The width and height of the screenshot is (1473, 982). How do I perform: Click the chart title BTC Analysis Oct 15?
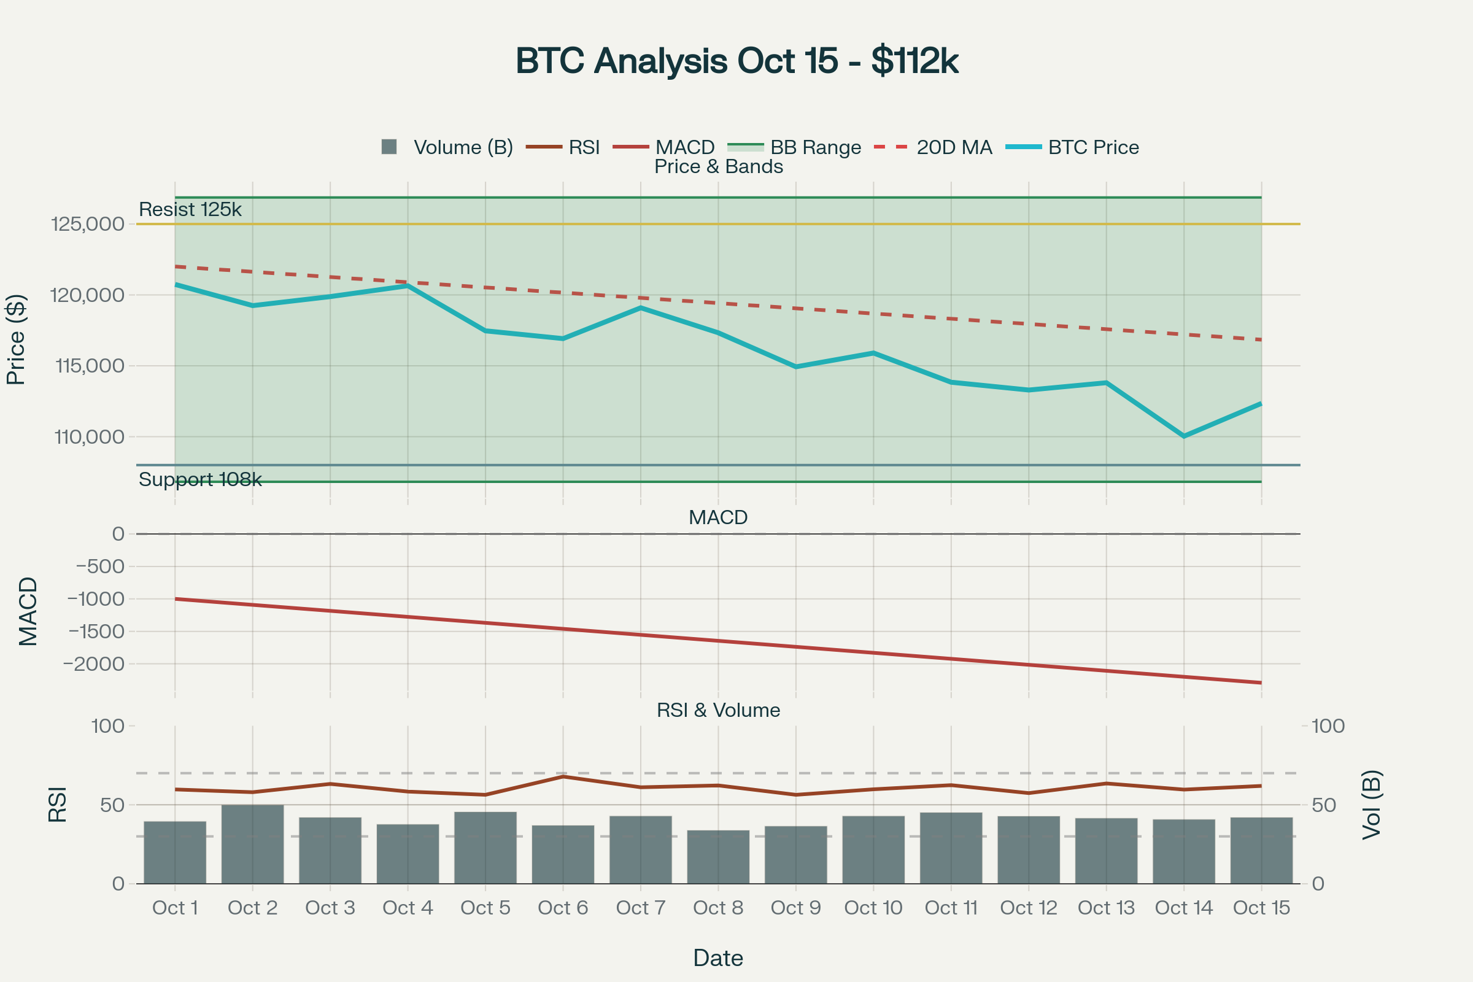point(736,61)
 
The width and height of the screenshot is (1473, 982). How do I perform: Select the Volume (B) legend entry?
point(447,147)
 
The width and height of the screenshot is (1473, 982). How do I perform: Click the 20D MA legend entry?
point(933,147)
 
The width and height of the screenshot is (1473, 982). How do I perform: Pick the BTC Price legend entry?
point(1072,147)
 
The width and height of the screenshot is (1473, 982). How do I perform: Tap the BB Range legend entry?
point(794,147)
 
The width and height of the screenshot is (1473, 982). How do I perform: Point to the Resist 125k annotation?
point(190,209)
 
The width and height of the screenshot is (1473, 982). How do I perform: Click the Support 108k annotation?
point(200,479)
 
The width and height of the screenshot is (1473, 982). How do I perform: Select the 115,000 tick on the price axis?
point(90,366)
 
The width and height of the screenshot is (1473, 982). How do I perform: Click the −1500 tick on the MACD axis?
point(96,632)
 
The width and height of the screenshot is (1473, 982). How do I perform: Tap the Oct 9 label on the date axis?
point(795,908)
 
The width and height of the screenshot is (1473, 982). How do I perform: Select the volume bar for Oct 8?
point(717,857)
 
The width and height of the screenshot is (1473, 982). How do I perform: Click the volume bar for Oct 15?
point(1261,850)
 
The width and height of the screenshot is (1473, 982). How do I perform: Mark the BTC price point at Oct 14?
point(1184,436)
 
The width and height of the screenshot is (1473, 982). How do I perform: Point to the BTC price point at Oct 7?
point(640,307)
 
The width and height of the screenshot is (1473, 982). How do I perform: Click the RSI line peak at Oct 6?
point(563,776)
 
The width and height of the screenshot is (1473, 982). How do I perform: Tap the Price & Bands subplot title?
point(718,166)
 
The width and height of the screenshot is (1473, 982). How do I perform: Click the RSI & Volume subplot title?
point(718,710)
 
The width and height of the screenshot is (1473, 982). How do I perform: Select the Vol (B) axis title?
point(1372,804)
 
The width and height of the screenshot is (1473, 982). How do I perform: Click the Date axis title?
point(717,958)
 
